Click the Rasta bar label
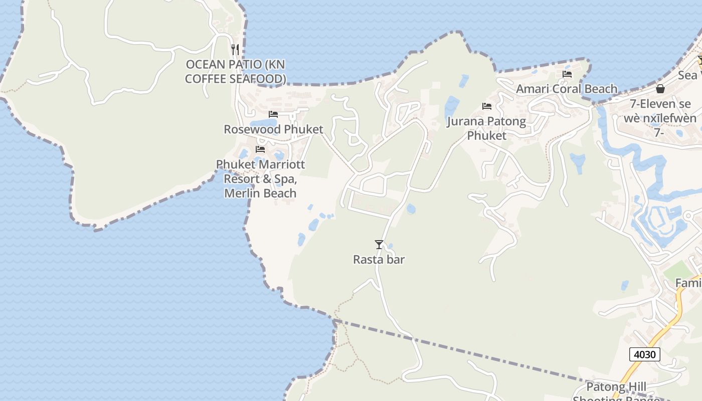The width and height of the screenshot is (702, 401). (379, 260)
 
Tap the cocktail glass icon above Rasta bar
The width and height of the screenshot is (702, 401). (379, 245)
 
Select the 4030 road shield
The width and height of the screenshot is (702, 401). (644, 354)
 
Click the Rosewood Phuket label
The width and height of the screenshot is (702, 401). (273, 129)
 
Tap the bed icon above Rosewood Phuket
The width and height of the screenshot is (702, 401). (273, 114)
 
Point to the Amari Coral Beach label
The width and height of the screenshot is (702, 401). (567, 89)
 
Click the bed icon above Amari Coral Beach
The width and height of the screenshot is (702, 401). (567, 74)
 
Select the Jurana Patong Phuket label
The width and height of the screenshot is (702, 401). (486, 128)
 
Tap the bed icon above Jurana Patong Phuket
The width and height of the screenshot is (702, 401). (486, 106)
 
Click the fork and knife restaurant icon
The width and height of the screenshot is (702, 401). (235, 49)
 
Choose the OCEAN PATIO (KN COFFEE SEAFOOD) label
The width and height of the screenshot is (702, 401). (236, 72)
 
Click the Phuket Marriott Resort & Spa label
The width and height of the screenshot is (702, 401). (260, 178)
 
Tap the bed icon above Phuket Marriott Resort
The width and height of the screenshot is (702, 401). (260, 149)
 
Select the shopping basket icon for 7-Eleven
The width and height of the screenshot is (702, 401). (660, 89)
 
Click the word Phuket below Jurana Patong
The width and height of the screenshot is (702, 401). (486, 136)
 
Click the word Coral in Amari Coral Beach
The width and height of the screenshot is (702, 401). (567, 89)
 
